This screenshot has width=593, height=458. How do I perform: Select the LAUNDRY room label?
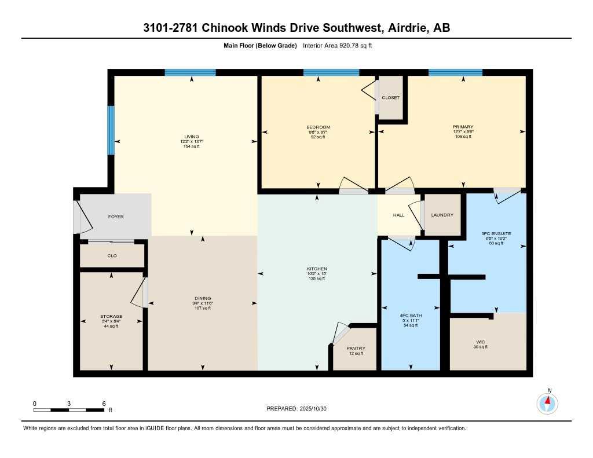(x=442, y=215)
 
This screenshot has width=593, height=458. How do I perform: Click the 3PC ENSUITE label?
(x=496, y=233)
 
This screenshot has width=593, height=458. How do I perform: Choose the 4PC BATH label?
(x=409, y=316)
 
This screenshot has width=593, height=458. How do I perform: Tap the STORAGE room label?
(x=111, y=316)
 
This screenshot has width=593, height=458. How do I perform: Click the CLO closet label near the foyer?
(x=112, y=255)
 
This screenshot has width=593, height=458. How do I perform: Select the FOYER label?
(x=116, y=217)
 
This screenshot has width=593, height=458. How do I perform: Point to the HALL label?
(x=398, y=215)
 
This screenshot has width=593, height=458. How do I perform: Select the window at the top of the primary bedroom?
(x=455, y=72)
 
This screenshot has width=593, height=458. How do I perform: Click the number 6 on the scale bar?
(x=104, y=403)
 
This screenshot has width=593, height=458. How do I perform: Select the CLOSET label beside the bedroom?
(x=391, y=98)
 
